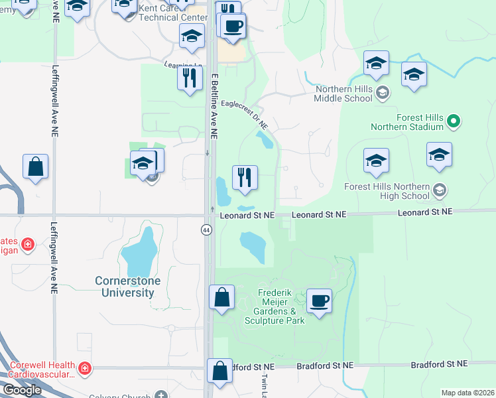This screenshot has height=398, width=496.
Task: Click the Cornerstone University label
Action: click(125, 287)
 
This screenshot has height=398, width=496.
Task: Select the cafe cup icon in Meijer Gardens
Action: click(319, 301)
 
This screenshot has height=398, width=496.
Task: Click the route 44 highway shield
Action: click(207, 230)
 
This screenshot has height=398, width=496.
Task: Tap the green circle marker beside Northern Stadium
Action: click(454, 121)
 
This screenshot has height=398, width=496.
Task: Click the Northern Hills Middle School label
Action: click(344, 94)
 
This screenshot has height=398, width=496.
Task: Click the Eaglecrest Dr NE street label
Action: click(245, 113)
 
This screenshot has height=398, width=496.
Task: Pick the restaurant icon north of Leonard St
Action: click(245, 177)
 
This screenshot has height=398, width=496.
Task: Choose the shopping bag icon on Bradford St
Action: click(219, 371)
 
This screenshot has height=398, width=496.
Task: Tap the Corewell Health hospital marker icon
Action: click(84, 367)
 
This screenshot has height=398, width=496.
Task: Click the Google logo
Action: click(22, 390)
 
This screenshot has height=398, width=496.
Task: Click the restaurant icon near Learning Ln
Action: click(190, 78)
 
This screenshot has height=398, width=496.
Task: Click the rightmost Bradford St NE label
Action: click(439, 364)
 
